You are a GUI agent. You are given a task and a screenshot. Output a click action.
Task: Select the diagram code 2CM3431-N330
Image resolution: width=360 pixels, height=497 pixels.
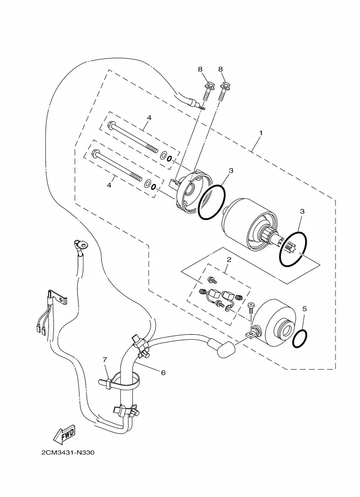68,452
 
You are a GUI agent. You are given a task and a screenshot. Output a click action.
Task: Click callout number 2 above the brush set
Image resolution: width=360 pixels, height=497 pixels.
229,260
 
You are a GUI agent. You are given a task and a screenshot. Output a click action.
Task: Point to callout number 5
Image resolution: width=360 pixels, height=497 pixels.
304,309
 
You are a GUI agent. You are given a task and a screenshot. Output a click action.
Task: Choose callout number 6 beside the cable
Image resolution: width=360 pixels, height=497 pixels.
163,372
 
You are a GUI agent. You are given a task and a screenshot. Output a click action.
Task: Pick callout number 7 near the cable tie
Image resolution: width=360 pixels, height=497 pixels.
105,359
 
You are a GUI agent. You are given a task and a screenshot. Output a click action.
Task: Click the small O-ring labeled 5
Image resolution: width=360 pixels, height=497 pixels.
300,339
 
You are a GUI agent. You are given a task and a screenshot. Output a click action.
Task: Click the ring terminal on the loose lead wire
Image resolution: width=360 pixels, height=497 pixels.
81,245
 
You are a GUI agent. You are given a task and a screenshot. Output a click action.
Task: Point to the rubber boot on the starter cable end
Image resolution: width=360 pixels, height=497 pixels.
222,348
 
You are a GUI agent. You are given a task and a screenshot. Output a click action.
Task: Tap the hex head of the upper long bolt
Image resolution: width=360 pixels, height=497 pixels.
112,125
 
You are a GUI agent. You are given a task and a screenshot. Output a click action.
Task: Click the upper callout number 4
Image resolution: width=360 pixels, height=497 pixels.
149,118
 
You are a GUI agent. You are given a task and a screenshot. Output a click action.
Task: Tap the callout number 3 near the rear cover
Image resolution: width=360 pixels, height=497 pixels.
231,170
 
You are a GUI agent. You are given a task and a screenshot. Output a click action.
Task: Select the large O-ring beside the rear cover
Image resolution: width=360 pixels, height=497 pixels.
211,202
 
